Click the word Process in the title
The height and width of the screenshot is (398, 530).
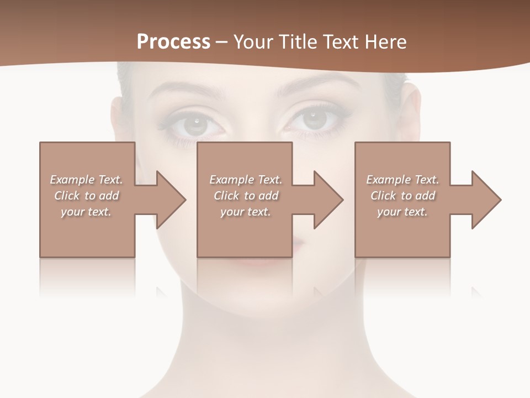point(173,42)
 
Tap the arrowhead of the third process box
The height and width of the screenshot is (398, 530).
point(485,200)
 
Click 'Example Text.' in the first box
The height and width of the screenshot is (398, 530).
point(86,180)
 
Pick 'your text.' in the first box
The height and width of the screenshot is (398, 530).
point(86,212)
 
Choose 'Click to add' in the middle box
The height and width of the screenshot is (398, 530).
point(246,196)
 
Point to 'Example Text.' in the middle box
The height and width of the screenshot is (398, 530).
point(246,180)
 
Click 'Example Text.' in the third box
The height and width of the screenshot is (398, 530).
point(402,180)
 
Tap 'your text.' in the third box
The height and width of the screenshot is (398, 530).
point(402,212)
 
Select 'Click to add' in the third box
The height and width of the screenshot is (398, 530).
point(402,196)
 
